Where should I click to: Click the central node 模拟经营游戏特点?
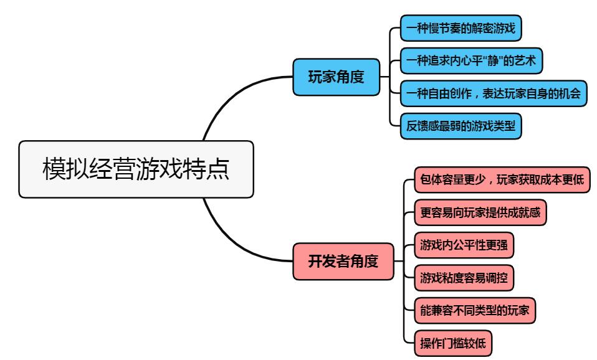coord(136,169)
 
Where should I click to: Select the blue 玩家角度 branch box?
coord(337,77)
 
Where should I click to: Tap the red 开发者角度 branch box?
coord(343,261)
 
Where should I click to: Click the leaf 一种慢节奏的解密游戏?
coord(460,29)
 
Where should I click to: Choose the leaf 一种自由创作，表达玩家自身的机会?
coord(492,94)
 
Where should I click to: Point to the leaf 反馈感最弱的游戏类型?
coord(460,126)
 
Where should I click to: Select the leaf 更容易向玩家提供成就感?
coord(480,212)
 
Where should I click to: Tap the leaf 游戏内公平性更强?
coord(464,245)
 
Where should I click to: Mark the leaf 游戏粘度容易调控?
coord(464,277)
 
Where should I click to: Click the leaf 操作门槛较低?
coord(456,342)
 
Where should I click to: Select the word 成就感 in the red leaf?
coord(525,212)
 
